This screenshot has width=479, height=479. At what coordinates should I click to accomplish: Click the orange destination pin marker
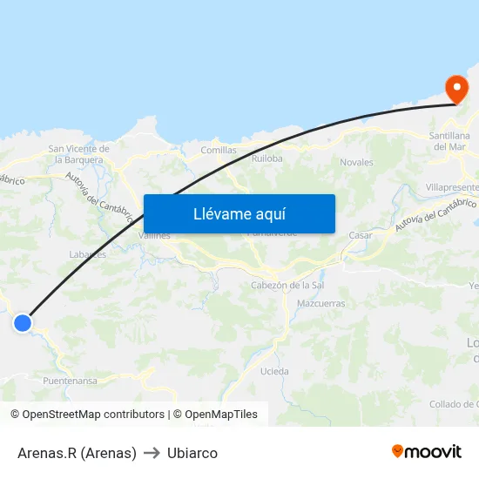[x=455, y=88]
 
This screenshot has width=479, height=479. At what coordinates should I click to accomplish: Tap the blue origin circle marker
[x=23, y=323]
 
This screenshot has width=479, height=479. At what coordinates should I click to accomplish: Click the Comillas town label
[x=219, y=150]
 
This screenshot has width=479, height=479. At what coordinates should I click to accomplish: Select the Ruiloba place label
[x=266, y=159]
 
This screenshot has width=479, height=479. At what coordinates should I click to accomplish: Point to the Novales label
[x=356, y=162]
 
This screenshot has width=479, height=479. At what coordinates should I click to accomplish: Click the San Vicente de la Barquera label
[x=79, y=154]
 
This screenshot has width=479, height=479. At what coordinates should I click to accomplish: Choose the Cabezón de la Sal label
[x=287, y=286]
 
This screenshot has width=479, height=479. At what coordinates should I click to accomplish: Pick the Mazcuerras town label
[x=320, y=304]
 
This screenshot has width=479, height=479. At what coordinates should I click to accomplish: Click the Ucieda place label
[x=274, y=371]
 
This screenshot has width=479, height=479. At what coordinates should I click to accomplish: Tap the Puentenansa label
[x=70, y=381]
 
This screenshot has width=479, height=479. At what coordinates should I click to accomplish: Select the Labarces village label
[x=87, y=254]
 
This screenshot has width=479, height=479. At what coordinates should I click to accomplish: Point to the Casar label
[x=360, y=235]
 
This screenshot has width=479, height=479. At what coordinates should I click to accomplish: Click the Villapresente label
[x=453, y=187]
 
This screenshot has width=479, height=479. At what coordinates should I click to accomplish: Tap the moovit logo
[x=427, y=451]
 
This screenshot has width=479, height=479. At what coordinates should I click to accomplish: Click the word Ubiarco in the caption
[x=192, y=453]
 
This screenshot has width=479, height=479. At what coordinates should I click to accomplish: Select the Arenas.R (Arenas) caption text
[x=77, y=453]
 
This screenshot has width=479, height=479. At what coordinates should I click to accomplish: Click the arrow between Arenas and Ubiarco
[x=152, y=453]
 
